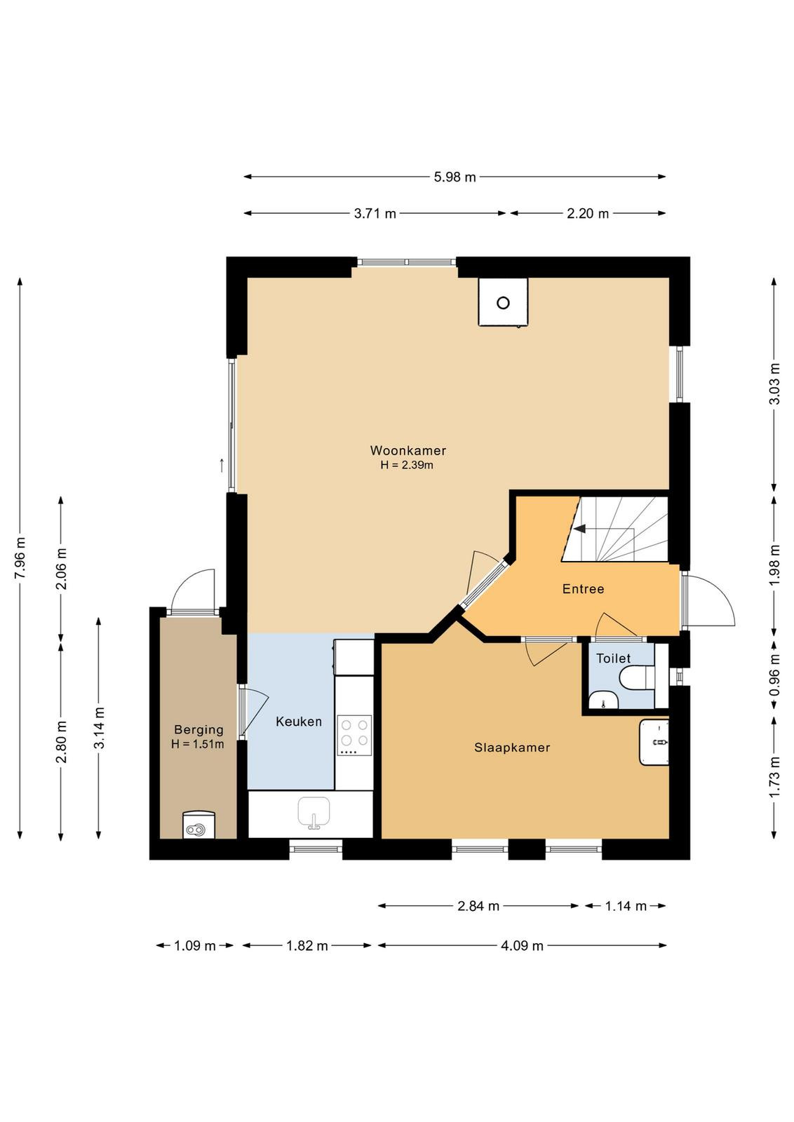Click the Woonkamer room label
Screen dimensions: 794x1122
408,450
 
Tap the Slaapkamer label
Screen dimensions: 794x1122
512,748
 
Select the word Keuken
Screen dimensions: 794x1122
299,722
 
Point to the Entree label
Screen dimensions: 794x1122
583,588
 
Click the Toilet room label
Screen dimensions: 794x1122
613,658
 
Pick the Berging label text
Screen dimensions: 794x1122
198,730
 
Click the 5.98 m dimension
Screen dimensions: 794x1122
455,177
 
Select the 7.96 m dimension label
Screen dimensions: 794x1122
20,557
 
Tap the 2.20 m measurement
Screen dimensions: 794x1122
588,214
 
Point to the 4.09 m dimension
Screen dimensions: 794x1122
522,946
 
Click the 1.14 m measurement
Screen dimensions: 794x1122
626,905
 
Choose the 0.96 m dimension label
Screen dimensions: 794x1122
774,675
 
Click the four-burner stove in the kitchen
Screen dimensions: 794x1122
355,735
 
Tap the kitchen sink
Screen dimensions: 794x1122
314,813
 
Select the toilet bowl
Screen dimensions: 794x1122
637,678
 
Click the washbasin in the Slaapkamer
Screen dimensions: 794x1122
654,743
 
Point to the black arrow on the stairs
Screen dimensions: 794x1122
580,529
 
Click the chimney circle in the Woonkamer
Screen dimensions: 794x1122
503,302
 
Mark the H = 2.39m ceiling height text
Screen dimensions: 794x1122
407,465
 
